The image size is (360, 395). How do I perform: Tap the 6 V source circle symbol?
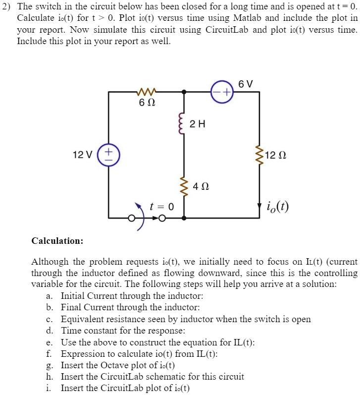(221, 92)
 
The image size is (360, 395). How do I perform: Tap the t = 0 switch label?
(161, 207)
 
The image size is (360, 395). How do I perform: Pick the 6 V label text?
(246, 84)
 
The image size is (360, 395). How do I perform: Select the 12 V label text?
(82, 155)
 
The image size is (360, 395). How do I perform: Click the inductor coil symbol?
(184, 125)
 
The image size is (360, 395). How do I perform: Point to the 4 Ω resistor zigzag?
(184, 187)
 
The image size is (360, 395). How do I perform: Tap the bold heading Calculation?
(57, 241)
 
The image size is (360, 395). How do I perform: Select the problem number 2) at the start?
(7, 7)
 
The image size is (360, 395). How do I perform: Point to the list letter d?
(49, 331)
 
